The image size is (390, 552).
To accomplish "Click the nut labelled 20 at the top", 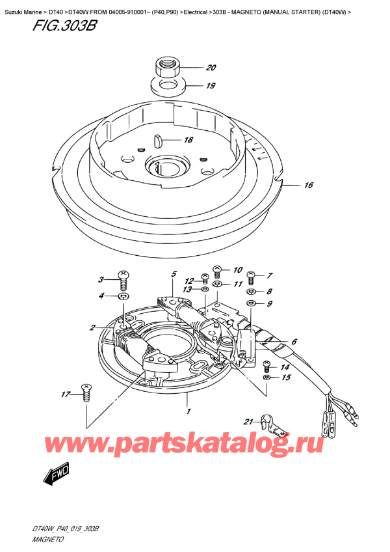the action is pos(166,68).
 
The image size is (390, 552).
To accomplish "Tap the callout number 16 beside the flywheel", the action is pos(308,185).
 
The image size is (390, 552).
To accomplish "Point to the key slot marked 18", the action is pos(157,140).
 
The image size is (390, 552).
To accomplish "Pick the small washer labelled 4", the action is pos(122,297).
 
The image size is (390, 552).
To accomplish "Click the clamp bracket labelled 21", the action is pos(274,424).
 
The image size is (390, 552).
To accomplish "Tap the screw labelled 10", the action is pos(217,271).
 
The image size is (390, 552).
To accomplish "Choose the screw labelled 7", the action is pos(251,278).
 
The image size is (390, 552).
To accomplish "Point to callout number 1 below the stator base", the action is pos(188,411).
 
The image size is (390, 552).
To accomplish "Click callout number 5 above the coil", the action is pos(174,274).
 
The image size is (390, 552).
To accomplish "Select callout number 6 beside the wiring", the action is pos(294,342).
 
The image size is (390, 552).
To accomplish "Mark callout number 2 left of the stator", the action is pos(92,328).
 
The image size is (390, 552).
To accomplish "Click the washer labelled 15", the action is pos(266,378).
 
